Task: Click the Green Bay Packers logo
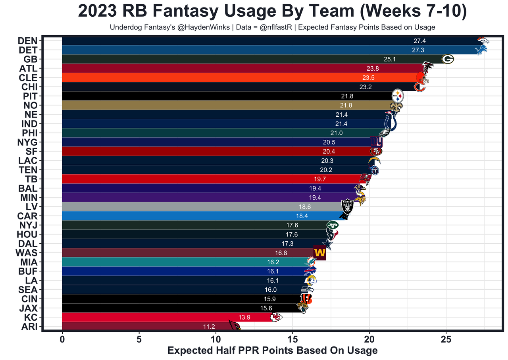pyautogui.click(x=448, y=59)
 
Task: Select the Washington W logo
pyautogui.click(x=320, y=253)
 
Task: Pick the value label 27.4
pyautogui.click(x=419, y=41)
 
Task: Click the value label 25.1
pyautogui.click(x=390, y=59)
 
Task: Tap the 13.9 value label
pyautogui.click(x=244, y=317)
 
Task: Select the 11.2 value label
pyautogui.click(x=209, y=326)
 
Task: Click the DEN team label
pyautogui.click(x=27, y=41)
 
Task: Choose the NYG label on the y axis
pyautogui.click(x=27, y=142)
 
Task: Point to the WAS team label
pyautogui.click(x=27, y=253)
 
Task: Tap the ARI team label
pyautogui.click(x=29, y=327)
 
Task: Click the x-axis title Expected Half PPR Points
pyautogui.click(x=272, y=350)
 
